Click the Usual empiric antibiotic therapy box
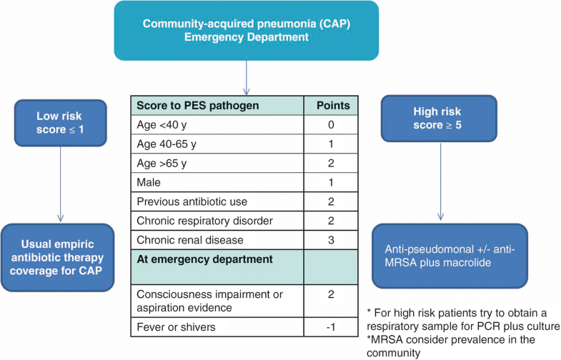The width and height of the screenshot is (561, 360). (x=58, y=257)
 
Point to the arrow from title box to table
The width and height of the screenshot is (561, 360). (x=246, y=77)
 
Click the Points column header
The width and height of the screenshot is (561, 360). (x=332, y=106)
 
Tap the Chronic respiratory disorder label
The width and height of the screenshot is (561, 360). (x=194, y=220)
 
